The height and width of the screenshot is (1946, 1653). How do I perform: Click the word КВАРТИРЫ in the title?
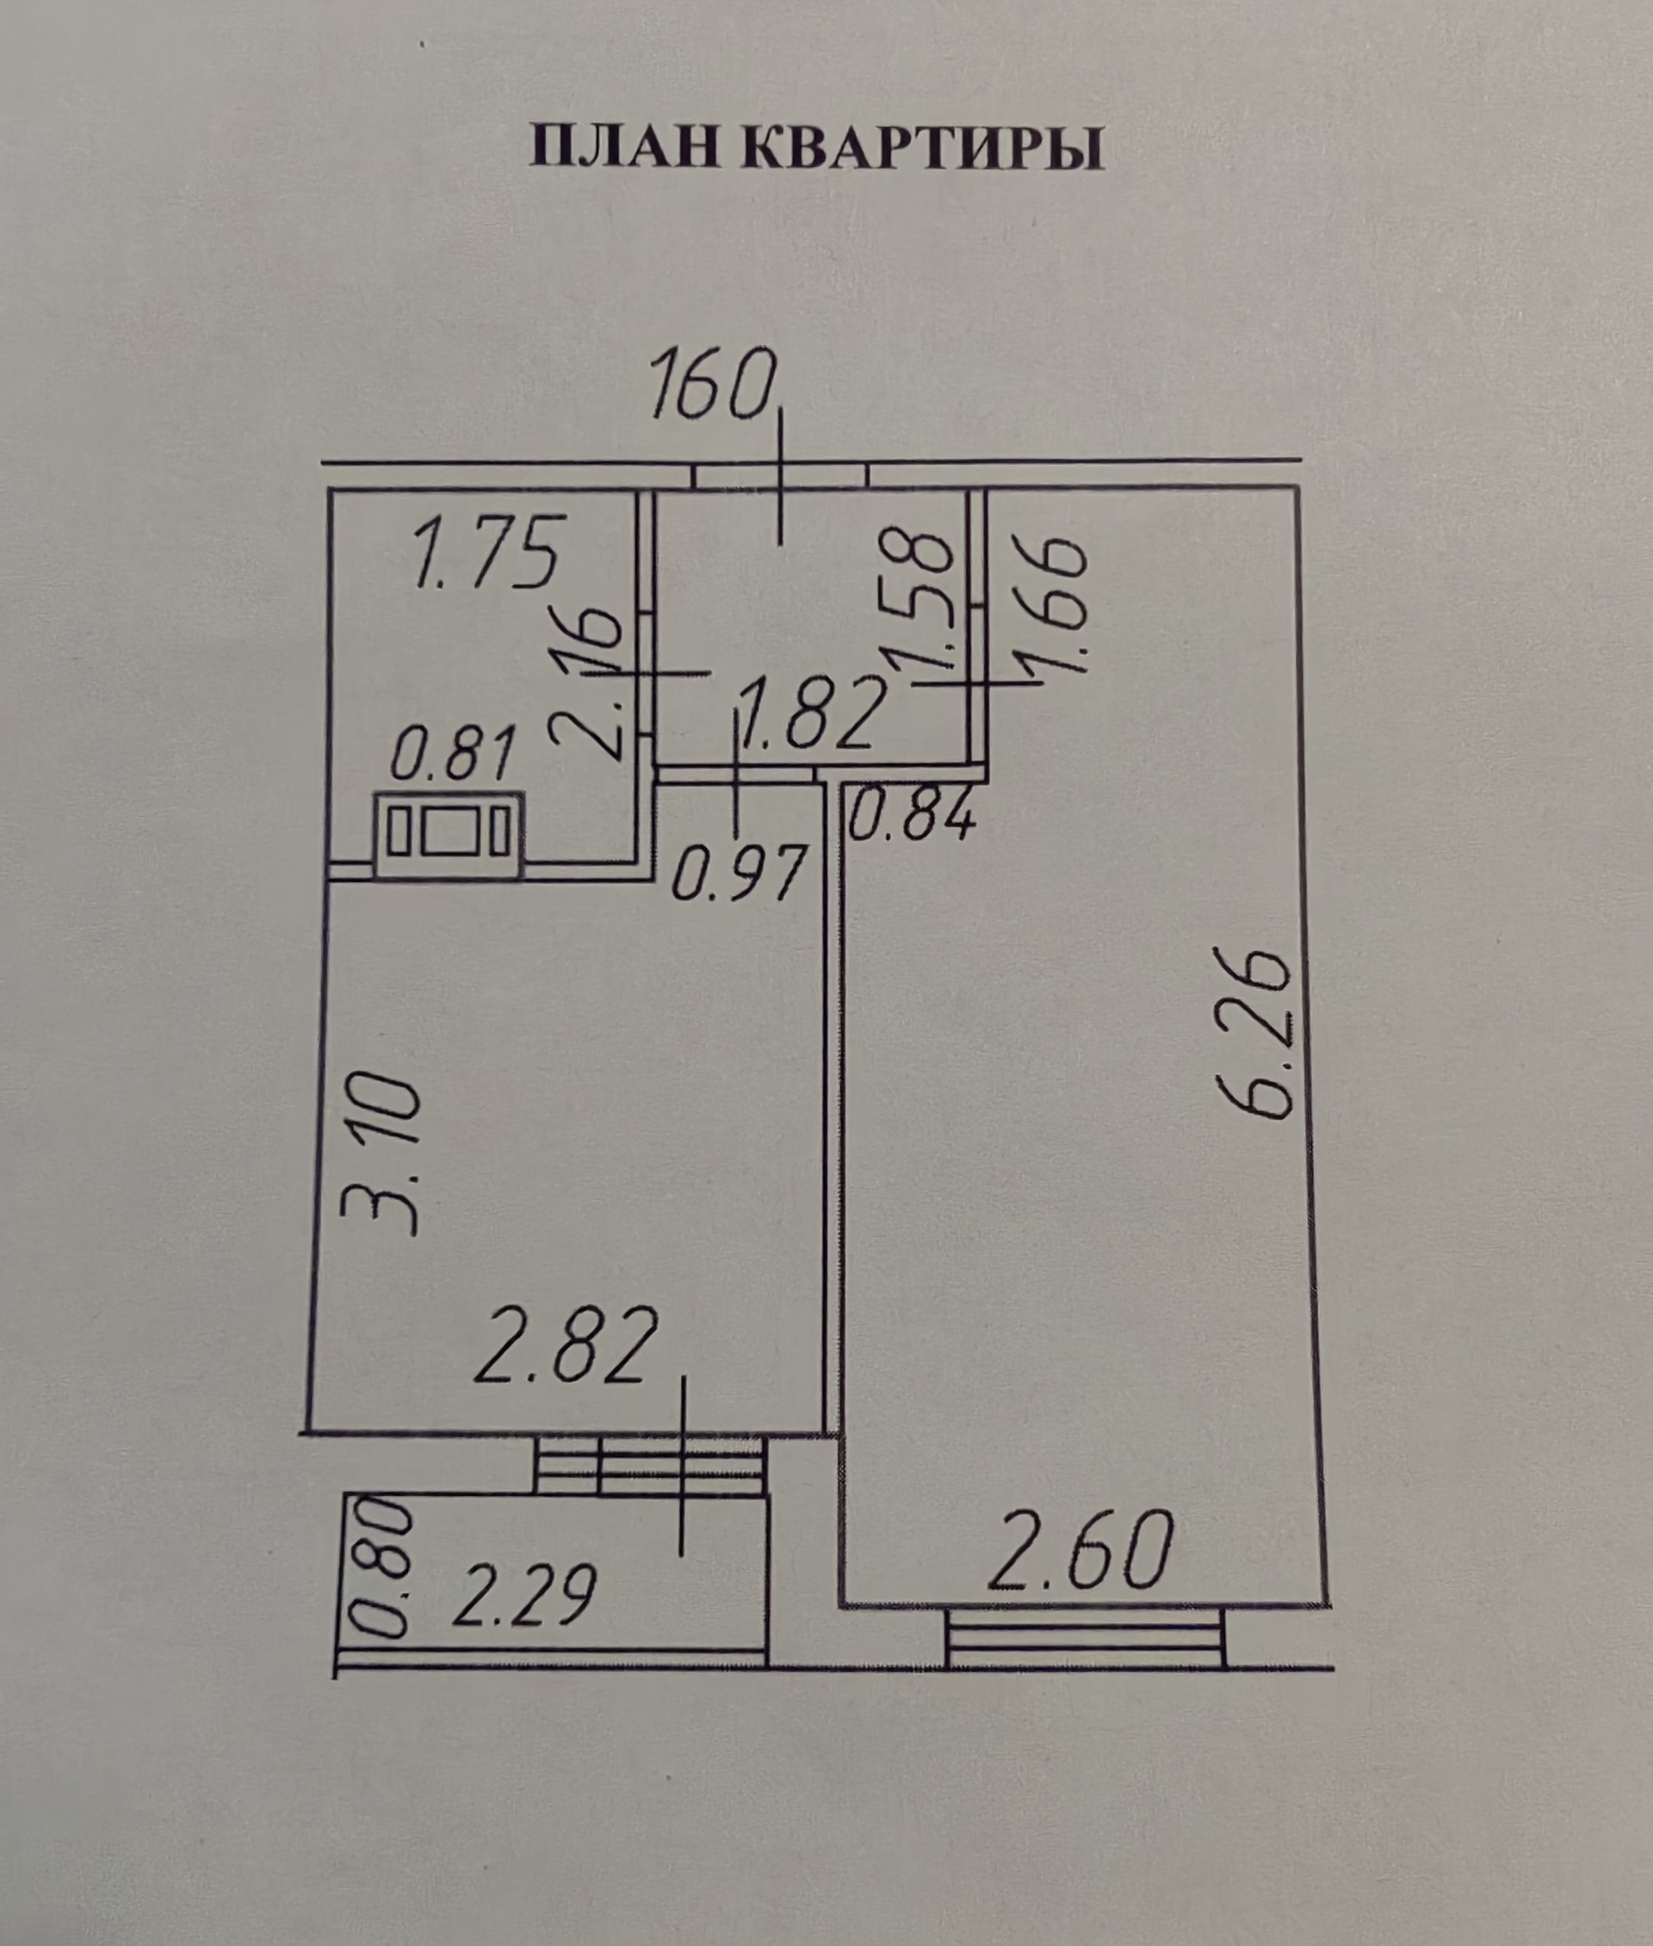[922, 148]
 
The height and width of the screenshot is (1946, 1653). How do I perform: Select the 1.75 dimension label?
[486, 553]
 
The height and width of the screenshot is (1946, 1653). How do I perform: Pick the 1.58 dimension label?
[921, 601]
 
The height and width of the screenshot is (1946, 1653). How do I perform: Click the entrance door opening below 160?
[781, 476]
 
